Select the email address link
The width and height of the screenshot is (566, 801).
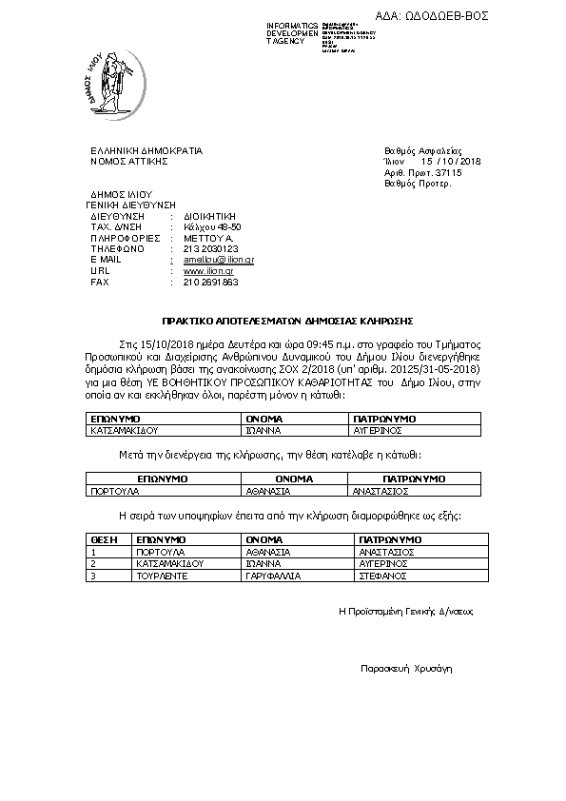(211, 259)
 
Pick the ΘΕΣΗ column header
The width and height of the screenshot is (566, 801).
(103, 539)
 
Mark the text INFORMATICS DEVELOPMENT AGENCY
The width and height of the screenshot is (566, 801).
(292, 33)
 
